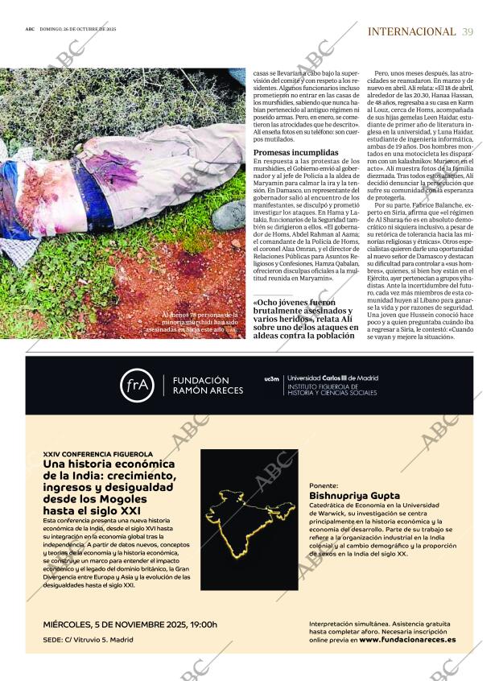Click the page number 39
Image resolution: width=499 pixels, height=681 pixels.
[468, 31]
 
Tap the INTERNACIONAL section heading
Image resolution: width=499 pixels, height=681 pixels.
[410, 31]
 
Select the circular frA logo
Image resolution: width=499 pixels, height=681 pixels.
[137, 385]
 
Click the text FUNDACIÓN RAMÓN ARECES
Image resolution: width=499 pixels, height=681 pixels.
[200, 385]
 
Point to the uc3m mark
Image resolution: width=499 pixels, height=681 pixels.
[271, 378]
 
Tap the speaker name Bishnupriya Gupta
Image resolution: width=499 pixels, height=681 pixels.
[353, 497]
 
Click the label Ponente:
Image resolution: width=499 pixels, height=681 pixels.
[324, 485]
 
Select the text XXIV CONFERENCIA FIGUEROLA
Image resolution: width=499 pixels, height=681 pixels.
[98, 454]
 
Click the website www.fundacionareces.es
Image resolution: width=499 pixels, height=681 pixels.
[406, 639]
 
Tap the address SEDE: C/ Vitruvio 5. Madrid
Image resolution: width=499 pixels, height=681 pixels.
[89, 640]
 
